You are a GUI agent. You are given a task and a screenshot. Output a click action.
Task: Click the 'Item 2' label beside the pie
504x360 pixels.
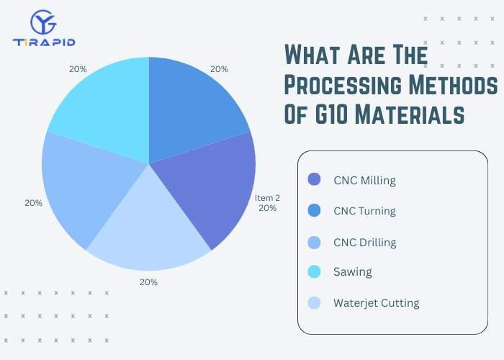click(267, 197)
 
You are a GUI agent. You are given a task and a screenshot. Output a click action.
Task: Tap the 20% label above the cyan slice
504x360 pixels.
click(78, 69)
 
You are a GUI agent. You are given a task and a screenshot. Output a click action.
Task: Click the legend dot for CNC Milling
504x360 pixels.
click(314, 180)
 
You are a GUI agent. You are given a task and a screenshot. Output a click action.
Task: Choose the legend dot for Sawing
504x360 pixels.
click(314, 272)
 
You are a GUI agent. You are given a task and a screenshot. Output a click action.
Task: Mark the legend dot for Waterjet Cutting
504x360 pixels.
click(314, 302)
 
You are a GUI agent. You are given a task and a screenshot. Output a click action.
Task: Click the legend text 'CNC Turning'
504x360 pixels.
click(364, 211)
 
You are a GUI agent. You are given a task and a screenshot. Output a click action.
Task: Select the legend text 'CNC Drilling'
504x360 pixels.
click(364, 242)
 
